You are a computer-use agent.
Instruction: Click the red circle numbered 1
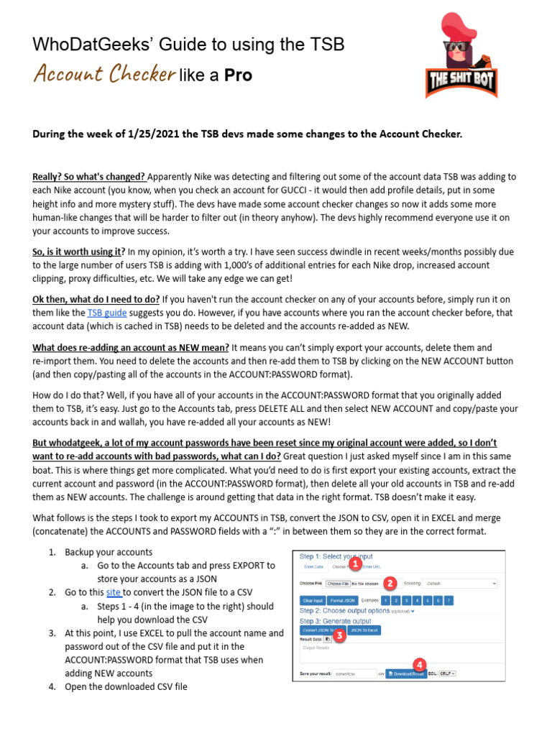tap(354, 564)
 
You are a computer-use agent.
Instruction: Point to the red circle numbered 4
tap(418, 665)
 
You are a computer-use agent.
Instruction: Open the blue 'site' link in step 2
tap(114, 592)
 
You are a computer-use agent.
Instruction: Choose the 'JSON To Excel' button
tap(364, 630)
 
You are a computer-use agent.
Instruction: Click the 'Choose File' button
tap(336, 584)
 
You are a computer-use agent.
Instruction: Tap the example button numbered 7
tap(448, 600)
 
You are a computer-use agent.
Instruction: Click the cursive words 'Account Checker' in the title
tap(104, 74)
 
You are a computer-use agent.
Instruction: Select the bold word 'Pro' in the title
tap(238, 75)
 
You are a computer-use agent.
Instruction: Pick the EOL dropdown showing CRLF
tap(447, 674)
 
